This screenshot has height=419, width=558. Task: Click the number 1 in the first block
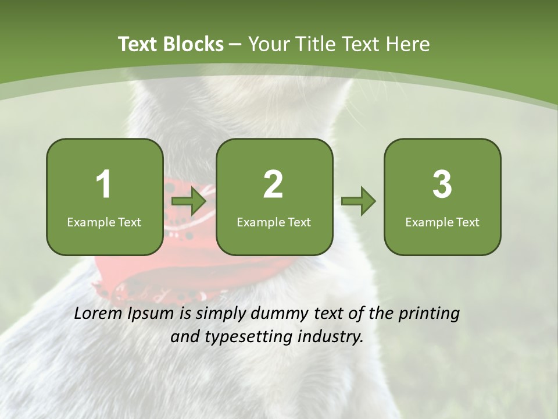point(104,184)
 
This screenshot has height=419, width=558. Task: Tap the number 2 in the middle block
point(273,184)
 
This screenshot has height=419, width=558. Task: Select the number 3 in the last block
point(442,184)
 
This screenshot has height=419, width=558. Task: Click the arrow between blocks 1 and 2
point(189,201)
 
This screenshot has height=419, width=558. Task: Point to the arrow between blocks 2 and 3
point(359,201)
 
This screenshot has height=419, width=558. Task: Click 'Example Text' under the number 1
point(104,222)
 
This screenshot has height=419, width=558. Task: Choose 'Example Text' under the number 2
point(274,222)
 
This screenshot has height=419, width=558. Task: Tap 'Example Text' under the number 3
point(442,222)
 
